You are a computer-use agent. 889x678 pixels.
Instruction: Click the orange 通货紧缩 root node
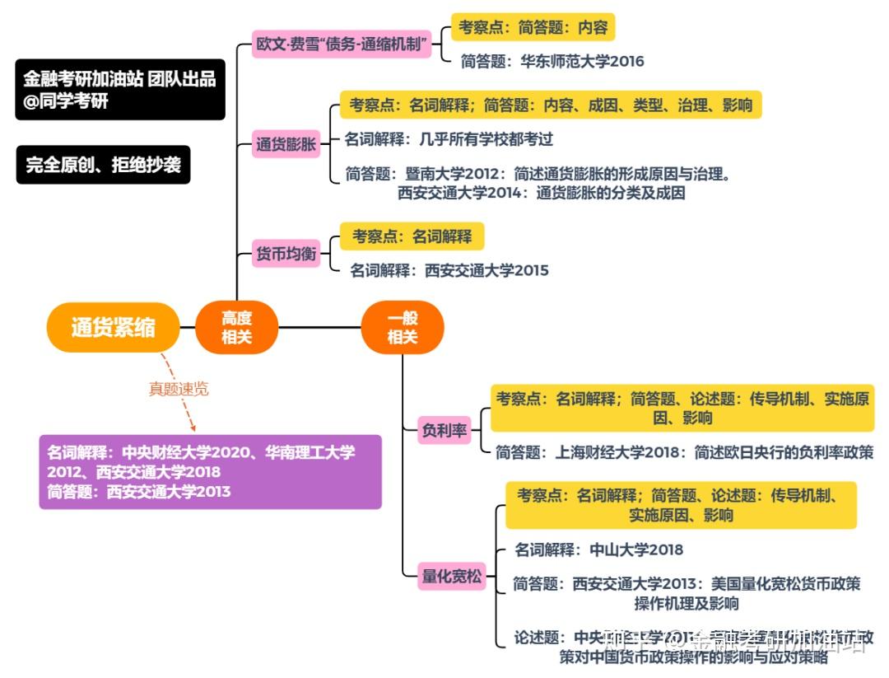coord(113,327)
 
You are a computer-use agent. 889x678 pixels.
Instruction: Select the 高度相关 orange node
coord(236,327)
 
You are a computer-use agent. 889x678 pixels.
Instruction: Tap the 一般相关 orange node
coord(403,327)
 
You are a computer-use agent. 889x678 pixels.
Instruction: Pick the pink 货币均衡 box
coord(286,255)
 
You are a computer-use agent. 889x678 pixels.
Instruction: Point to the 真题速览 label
coord(179,389)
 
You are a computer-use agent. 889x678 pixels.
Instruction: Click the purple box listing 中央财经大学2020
coord(210,472)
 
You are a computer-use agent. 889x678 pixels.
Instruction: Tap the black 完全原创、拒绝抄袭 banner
coord(103,166)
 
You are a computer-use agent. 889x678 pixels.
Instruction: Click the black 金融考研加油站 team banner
coord(119,89)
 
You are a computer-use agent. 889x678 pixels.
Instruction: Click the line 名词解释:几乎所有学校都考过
coord(449,139)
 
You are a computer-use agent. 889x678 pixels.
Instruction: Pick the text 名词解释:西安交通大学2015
coord(449,270)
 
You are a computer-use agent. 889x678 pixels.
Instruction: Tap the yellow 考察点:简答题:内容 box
coord(533,27)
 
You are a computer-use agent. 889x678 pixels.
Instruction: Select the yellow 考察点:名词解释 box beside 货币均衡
coord(412,237)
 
